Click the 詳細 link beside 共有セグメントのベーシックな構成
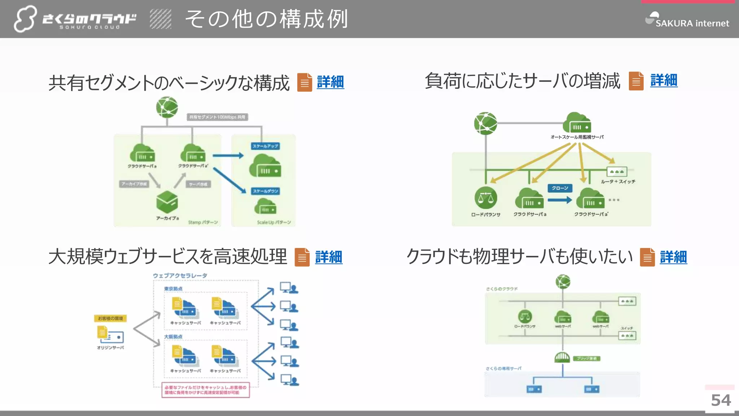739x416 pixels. (330, 82)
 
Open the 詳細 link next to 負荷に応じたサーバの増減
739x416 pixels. (664, 80)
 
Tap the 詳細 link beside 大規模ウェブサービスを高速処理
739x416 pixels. (328, 257)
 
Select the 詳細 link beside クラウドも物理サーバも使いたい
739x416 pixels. (673, 257)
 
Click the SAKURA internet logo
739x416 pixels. (687, 20)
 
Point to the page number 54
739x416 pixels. (721, 400)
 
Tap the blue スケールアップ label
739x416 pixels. (265, 146)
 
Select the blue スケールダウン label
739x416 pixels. (265, 191)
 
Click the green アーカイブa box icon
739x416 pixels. (167, 202)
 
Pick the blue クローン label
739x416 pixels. (560, 188)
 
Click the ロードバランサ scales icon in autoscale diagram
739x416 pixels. (486, 198)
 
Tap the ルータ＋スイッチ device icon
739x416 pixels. (617, 172)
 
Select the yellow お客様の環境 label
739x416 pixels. (110, 318)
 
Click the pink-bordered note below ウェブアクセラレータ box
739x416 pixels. (205, 390)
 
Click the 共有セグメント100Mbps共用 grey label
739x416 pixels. (217, 117)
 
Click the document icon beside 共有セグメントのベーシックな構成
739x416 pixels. (305, 82)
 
